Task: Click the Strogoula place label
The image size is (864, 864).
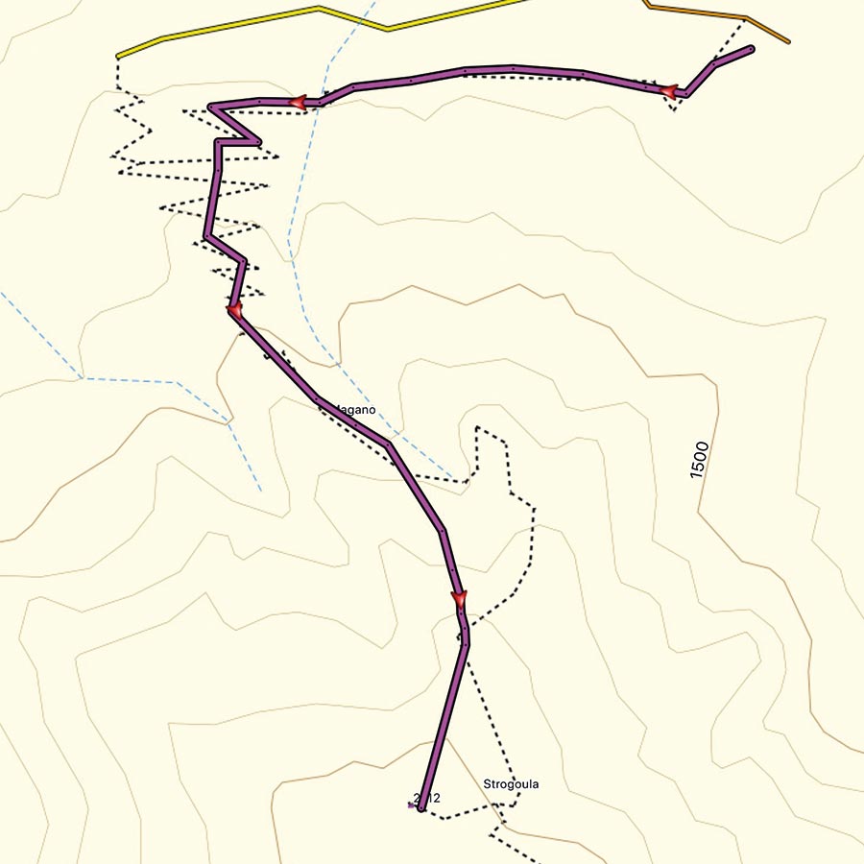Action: [x=511, y=784]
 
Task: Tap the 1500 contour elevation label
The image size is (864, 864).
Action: [x=699, y=460]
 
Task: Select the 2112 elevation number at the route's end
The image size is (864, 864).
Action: [x=425, y=798]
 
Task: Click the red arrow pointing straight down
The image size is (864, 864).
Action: [x=459, y=601]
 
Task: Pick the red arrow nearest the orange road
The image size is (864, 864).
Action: [x=669, y=91]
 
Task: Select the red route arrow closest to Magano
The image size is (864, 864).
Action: [x=234, y=309]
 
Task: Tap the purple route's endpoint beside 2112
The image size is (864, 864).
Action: [x=421, y=809]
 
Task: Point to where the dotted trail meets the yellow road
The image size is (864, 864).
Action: [x=117, y=57]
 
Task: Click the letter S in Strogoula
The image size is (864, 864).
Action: [x=488, y=784]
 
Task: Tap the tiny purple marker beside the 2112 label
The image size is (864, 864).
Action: [x=411, y=805]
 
